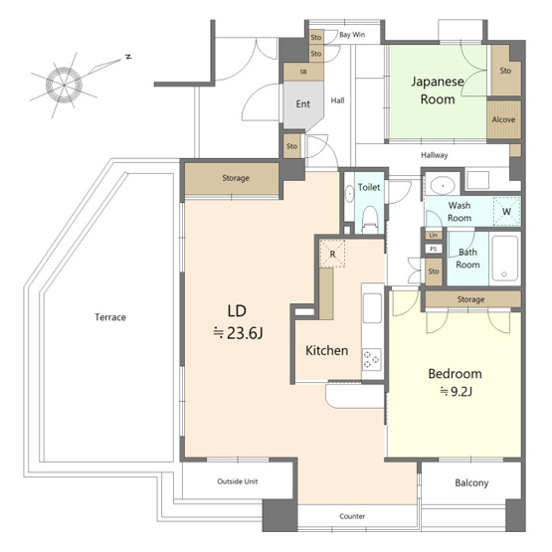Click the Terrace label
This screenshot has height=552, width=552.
click(110, 317)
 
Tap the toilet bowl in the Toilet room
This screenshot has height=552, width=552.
click(370, 218)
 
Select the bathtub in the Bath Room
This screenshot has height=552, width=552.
click(504, 258)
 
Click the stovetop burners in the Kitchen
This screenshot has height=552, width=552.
click(372, 359)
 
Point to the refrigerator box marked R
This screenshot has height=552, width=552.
click(332, 253)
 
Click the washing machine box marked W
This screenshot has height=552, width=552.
click(507, 211)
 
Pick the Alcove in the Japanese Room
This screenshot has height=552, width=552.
click(504, 119)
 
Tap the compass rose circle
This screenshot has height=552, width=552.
click(64, 86)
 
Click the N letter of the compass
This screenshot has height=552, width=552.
click(129, 57)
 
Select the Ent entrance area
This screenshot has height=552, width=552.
click(302, 104)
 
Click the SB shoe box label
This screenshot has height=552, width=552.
click(303, 72)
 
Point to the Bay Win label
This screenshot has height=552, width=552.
click(352, 35)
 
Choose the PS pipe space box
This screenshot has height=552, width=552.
click(434, 249)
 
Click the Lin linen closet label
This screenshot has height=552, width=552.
click(434, 235)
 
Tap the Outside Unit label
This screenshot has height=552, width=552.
click(238, 481)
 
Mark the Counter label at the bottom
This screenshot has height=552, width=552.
click(352, 516)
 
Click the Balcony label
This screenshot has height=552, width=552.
click(471, 482)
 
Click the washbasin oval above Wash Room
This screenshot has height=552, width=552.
click(443, 185)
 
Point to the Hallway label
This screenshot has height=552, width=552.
click(435, 155)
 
